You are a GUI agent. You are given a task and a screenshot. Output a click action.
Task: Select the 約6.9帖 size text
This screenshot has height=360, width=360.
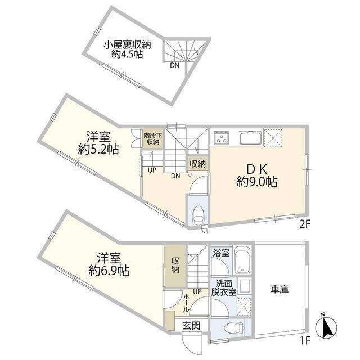(x=109, y=271)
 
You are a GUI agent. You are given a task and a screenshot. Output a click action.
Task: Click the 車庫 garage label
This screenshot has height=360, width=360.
(x=280, y=289)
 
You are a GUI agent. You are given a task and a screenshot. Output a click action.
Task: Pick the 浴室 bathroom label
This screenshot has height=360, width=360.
(x=220, y=253)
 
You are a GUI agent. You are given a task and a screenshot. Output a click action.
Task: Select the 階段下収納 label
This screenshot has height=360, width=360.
(x=151, y=138)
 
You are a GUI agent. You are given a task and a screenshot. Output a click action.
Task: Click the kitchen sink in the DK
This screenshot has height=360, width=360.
(x=250, y=138)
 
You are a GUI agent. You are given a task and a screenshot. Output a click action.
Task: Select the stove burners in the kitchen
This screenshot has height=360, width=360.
(x=222, y=138)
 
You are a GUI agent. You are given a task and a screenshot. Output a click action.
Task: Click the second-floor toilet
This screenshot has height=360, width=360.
(x=199, y=213)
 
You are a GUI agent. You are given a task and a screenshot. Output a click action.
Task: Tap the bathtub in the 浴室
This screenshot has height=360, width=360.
(x=243, y=260)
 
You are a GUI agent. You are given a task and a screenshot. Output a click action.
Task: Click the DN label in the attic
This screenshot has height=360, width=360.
(x=175, y=65)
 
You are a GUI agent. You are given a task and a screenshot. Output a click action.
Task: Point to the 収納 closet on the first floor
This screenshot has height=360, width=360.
(x=175, y=265)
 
